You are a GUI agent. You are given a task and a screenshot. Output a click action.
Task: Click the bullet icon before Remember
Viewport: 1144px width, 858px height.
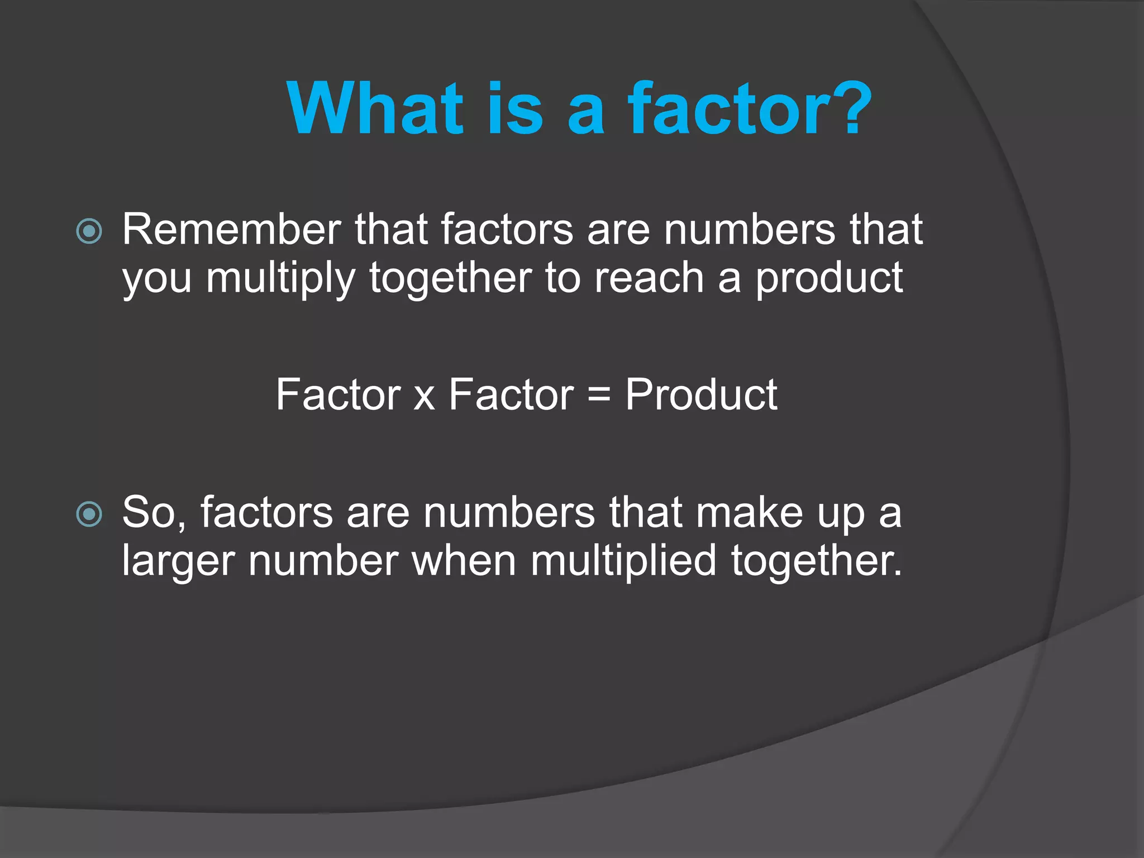[x=89, y=231]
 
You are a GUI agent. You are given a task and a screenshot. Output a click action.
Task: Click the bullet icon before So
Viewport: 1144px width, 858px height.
[x=89, y=514]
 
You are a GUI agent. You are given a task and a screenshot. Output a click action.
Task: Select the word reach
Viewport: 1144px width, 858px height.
[x=649, y=278]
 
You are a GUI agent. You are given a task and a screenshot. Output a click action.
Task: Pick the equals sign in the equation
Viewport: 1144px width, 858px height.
[x=599, y=395]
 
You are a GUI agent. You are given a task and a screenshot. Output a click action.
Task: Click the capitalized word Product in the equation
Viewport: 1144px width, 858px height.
[x=701, y=394]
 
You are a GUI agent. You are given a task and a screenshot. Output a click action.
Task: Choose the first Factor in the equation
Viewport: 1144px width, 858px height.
[x=339, y=394]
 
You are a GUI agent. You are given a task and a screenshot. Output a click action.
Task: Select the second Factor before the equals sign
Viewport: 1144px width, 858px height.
[x=511, y=394]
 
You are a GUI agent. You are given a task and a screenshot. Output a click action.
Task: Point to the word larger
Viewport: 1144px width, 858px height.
[x=178, y=562]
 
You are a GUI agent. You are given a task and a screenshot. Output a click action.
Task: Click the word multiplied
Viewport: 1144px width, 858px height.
[x=623, y=561]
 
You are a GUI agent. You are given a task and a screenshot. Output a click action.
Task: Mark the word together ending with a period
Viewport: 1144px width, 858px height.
[x=816, y=562]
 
